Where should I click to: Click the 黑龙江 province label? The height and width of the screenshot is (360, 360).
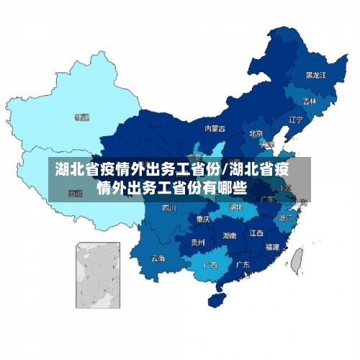315,74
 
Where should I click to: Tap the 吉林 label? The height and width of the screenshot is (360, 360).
310,101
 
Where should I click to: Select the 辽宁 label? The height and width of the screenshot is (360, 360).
295,120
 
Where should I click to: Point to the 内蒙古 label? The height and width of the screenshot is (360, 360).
215,129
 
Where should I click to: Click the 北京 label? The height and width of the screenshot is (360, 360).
256,133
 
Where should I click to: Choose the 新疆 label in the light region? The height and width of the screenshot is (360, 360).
82,116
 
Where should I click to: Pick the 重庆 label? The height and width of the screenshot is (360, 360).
203,218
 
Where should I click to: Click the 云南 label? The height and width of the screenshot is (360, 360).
158,258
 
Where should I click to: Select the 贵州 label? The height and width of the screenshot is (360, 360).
197,243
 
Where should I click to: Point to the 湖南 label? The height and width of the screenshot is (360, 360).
230,235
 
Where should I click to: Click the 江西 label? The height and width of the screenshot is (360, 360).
256,233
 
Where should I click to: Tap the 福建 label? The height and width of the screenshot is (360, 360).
272,246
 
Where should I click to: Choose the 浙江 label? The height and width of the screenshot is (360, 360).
286,217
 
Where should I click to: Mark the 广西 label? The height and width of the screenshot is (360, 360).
210,264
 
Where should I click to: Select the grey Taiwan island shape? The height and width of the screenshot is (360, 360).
296,258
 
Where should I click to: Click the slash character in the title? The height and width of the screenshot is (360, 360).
228,171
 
